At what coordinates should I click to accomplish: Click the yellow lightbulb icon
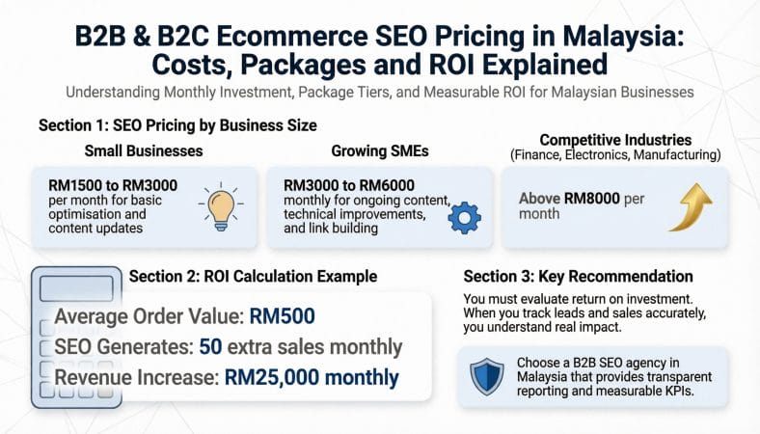click(x=221, y=207)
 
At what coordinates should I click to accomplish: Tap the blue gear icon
click(x=464, y=218)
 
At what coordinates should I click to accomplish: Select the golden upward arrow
click(x=692, y=207)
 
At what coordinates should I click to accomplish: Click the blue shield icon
click(x=487, y=376)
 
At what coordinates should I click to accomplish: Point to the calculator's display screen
click(x=76, y=289)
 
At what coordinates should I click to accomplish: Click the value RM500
click(x=282, y=316)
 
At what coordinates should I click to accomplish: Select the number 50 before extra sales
click(x=211, y=346)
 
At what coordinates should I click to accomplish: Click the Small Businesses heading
click(x=144, y=150)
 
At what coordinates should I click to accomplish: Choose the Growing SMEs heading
click(x=380, y=150)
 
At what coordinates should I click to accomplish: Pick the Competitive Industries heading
click(x=615, y=140)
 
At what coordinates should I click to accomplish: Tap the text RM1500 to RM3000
click(x=113, y=185)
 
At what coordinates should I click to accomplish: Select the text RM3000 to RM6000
click(x=349, y=185)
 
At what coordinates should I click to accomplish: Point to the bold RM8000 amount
click(x=592, y=199)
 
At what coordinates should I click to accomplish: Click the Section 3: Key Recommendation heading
click(x=579, y=277)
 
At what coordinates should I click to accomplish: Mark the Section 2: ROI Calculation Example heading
click(x=253, y=277)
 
